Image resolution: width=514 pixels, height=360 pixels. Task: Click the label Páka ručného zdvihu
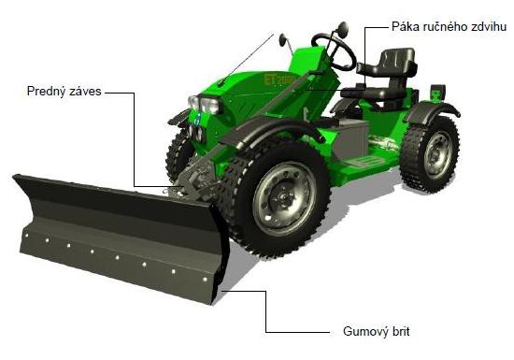(449, 27)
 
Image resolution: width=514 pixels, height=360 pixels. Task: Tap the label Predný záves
(64, 91)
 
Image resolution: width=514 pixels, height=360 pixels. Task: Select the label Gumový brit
(377, 331)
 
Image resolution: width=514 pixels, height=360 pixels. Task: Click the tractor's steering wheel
(335, 51)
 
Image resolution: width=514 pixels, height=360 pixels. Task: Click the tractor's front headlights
(205, 105)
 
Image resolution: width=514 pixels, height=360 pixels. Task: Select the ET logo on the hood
(279, 79)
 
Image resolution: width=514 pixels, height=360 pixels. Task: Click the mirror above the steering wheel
(343, 29)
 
